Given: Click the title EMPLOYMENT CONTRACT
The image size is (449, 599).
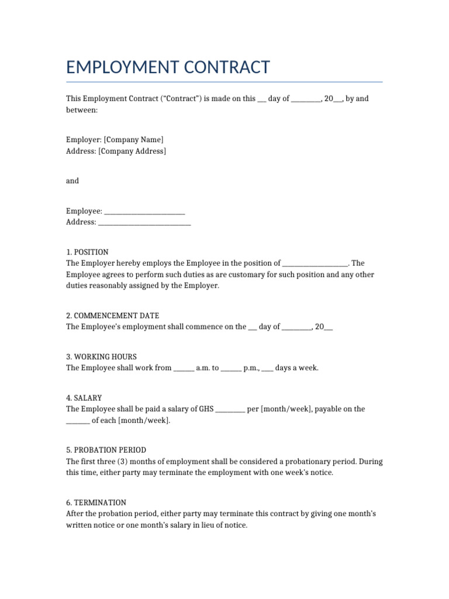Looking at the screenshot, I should click(168, 67).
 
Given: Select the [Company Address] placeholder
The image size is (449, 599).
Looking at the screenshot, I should click(132, 151).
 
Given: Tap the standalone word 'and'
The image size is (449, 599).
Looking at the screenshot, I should click(72, 181).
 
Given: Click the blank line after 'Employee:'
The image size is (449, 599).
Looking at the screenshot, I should click(144, 211).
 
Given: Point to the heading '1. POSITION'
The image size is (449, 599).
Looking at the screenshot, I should click(87, 252).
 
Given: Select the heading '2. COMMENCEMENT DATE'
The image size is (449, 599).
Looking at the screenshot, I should click(112, 315).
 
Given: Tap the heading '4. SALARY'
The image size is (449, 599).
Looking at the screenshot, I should click(84, 398).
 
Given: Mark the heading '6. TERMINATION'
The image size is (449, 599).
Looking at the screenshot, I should click(96, 502).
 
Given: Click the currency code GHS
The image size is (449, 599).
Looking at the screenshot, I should click(206, 409).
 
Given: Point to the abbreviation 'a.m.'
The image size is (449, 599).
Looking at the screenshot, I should click(203, 368).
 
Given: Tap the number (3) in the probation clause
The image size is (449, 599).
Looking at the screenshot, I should click(111, 462).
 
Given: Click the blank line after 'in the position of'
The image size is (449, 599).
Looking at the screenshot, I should click(316, 264).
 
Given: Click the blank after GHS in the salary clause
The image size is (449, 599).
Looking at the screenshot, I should click(230, 409).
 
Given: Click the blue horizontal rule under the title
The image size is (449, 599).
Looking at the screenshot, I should click(224, 82).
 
